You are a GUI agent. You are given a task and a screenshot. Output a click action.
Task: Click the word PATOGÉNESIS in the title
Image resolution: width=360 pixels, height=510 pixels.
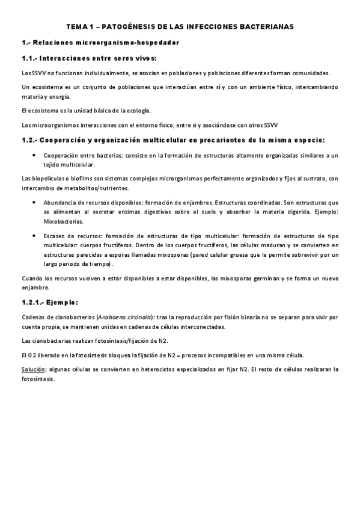128,27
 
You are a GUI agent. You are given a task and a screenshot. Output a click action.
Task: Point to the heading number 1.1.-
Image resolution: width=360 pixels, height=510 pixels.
30,58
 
